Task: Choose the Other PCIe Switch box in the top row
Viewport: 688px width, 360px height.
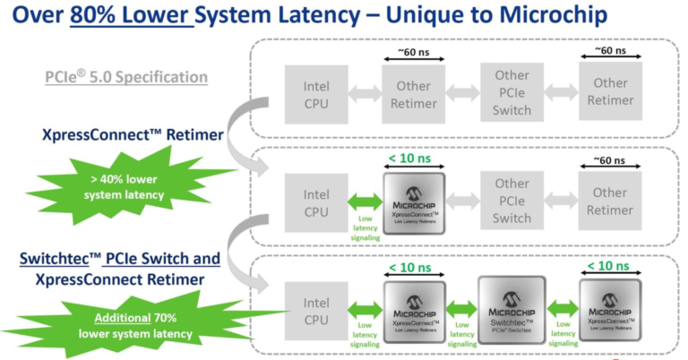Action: [x=512, y=90]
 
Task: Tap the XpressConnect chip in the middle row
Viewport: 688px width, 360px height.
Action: [x=414, y=203]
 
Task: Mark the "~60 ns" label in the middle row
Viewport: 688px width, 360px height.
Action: [x=609, y=159]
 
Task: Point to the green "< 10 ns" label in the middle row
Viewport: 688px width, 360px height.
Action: [x=414, y=159]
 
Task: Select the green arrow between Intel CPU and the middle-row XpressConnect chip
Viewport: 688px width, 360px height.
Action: [x=363, y=202]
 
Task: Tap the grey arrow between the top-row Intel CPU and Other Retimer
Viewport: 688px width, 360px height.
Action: [x=364, y=90]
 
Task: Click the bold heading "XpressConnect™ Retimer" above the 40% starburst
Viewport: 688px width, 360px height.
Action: [x=126, y=133]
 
